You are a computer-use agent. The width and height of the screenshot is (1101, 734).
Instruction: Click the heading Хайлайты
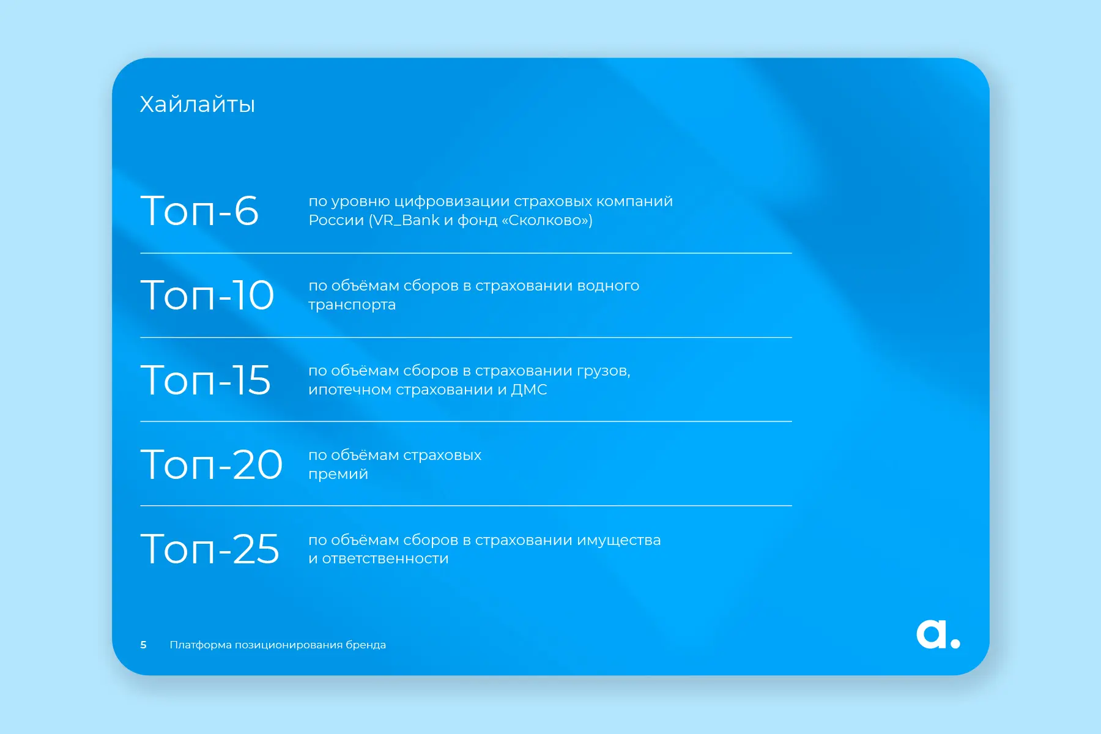click(x=197, y=105)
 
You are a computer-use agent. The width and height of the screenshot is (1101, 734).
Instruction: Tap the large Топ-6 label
click(x=199, y=210)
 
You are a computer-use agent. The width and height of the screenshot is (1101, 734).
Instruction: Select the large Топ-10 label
click(x=207, y=295)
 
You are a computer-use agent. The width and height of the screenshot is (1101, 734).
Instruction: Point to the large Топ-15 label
click(x=206, y=380)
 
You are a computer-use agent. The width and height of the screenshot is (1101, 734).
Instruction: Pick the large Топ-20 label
click(x=212, y=464)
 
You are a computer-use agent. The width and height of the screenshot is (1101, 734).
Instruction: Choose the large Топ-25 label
click(x=210, y=549)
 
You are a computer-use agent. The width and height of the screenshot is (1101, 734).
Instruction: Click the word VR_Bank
click(x=407, y=220)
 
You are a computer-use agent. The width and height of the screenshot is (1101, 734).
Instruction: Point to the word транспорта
click(x=352, y=305)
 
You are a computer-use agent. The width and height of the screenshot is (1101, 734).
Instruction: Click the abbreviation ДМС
click(x=529, y=390)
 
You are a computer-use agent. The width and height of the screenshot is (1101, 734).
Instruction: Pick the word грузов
click(x=604, y=371)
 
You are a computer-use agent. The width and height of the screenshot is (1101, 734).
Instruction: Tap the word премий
click(x=338, y=474)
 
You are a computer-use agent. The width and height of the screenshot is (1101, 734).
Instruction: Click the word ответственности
click(x=385, y=558)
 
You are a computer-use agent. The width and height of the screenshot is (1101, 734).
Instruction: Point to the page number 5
click(x=143, y=645)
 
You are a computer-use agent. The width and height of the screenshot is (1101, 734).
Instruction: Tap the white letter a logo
click(x=931, y=634)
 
